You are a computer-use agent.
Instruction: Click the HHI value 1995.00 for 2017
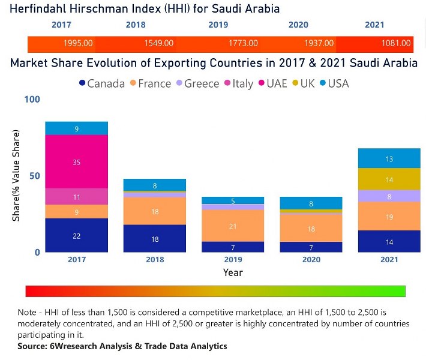[x=78, y=44]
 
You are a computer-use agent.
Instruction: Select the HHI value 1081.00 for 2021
[x=397, y=44]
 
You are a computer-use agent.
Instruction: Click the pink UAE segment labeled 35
[x=77, y=162]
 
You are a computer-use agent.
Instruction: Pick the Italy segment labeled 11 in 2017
[x=77, y=197]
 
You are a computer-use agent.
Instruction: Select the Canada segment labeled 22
[x=77, y=236]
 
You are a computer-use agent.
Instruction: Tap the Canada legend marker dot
[x=82, y=83]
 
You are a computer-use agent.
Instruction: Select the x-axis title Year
[x=233, y=272]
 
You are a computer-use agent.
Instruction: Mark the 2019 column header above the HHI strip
[x=218, y=25]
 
